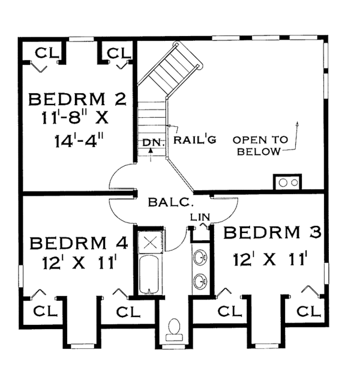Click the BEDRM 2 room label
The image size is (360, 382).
click(x=77, y=98)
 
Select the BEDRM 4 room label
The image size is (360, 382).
click(x=79, y=244)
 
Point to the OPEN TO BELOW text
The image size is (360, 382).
click(x=260, y=145)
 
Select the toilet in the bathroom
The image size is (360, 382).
click(x=175, y=327)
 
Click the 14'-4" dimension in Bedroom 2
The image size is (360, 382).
click(x=76, y=142)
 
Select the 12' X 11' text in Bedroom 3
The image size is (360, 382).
click(x=271, y=260)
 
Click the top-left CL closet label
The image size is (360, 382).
click(x=43, y=53)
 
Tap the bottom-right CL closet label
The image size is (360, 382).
click(x=309, y=311)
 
